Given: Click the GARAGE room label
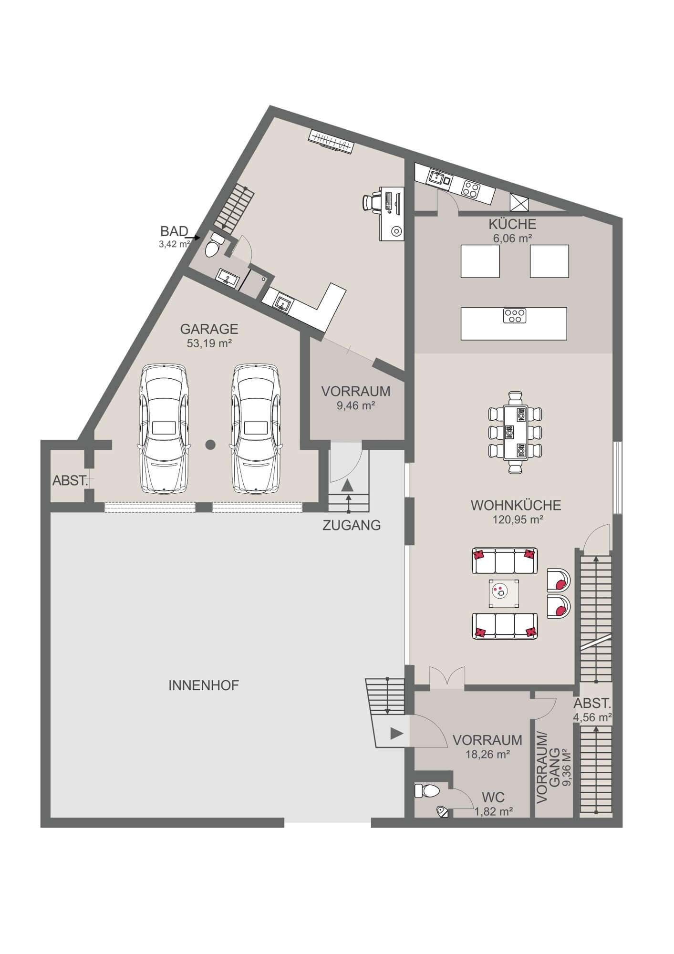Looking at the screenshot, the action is point(209,329).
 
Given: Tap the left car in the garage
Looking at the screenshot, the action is point(164,429).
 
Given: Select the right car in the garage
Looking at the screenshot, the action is point(256,429).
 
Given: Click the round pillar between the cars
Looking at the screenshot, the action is point(210,445).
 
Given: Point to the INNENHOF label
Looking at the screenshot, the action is point(204,685).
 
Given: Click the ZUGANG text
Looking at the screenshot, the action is point(352,526).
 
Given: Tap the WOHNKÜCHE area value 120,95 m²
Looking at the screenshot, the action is point(518,519).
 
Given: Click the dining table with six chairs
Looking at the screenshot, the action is point(516,432).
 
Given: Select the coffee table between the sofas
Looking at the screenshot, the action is point(504,593).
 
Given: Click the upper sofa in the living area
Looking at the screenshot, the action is point(505,560).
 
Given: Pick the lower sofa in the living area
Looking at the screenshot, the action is point(505,626).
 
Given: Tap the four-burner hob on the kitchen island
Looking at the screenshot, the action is point(514,315).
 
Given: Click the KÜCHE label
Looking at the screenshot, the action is point(512,224).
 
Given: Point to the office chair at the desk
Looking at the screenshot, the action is point(371,201).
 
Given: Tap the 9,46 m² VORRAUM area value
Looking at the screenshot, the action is point(355,405).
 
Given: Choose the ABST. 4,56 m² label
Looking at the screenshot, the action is point(592,709).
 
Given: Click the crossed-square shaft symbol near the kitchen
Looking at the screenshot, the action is point(519,203).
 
